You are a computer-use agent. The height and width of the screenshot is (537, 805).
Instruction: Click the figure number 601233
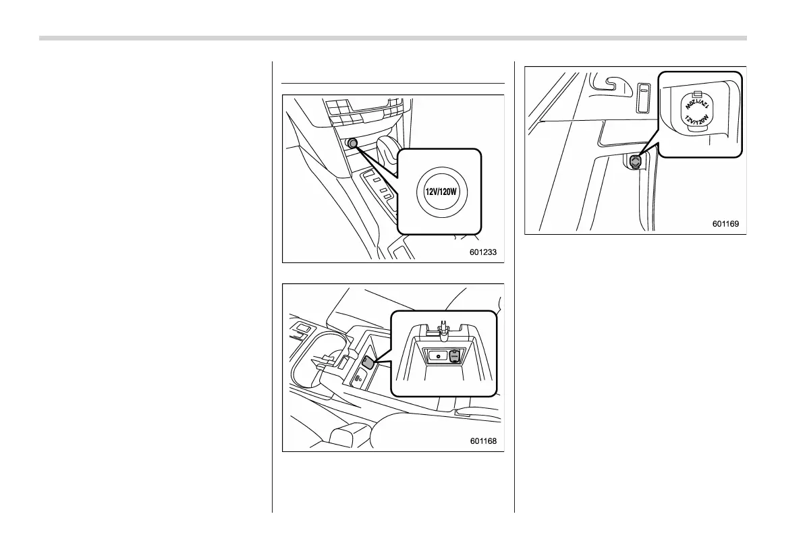pyautogui.click(x=483, y=252)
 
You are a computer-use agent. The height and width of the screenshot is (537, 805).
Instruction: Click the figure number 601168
pyautogui.click(x=483, y=442)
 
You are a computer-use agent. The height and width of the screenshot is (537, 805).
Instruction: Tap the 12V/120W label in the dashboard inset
pyautogui.click(x=441, y=191)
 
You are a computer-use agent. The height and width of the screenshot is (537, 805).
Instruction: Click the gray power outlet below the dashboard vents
pyautogui.click(x=352, y=143)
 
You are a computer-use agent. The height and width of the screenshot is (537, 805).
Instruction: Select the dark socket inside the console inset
pyautogui.click(x=454, y=356)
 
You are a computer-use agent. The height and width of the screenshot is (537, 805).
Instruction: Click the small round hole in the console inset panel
pyautogui.click(x=438, y=355)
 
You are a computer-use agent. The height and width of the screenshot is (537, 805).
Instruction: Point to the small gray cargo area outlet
pyautogui.click(x=636, y=161)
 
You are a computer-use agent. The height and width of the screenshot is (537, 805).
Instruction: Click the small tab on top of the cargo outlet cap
pyautogui.click(x=698, y=93)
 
